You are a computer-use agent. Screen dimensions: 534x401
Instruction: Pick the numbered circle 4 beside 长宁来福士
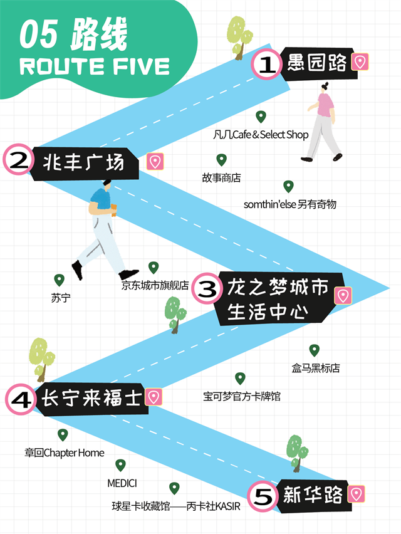pos(21,399)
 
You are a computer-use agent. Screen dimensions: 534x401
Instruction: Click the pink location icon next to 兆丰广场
pos(155,162)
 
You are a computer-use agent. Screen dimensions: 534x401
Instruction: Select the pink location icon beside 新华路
pos(357,494)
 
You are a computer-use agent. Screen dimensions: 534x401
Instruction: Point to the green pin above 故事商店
pos(221,160)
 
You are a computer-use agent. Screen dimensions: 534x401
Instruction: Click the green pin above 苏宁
pos(60,280)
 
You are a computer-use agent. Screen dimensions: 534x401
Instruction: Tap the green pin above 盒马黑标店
pos(315,350)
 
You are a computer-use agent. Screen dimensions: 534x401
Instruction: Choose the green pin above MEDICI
pos(121,465)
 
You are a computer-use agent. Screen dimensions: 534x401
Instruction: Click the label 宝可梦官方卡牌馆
pos(241,396)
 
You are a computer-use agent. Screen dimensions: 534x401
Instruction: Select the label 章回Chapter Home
pos(65,453)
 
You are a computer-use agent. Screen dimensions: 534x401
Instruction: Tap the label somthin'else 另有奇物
pos(290,204)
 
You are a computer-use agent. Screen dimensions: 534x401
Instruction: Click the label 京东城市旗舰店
pos(155,285)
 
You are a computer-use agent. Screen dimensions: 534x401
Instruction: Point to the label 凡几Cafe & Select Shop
pos(261,134)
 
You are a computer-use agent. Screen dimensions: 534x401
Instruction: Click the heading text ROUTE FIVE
pos(95,66)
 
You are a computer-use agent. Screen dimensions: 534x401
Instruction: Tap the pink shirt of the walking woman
pos(325,105)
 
